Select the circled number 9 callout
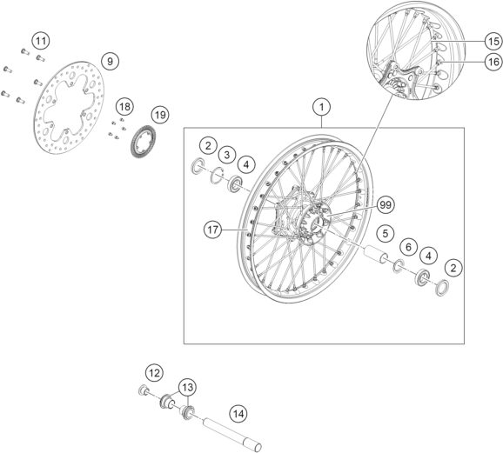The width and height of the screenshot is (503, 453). (110, 61)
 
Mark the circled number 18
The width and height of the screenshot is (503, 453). (124, 107)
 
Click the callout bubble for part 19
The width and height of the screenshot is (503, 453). (158, 115)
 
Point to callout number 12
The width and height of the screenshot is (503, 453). (154, 373)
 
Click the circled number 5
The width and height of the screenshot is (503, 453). (382, 234)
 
